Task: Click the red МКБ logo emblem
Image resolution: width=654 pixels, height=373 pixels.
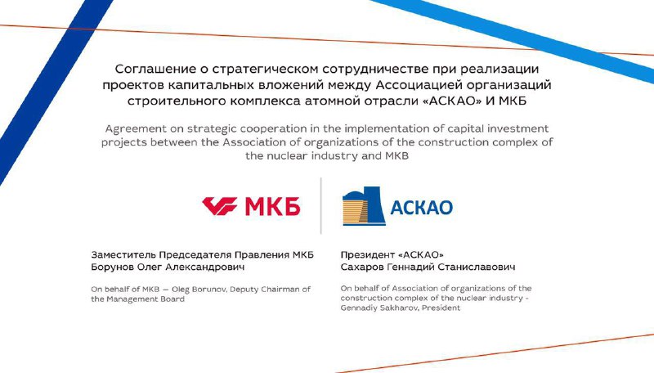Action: click(220, 206)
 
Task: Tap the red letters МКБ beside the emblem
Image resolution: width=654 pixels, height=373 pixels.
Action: click(272, 206)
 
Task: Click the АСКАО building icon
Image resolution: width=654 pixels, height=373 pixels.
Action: click(363, 205)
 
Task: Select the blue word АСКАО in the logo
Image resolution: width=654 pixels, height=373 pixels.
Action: click(421, 207)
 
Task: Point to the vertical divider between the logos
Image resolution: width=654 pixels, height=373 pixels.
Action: click(320, 205)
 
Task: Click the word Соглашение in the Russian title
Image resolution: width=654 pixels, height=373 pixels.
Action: click(160, 69)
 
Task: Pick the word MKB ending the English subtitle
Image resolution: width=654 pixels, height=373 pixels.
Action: click(396, 155)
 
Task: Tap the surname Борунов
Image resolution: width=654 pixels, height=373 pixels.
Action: click(113, 267)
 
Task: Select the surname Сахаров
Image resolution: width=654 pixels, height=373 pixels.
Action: click(362, 267)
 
